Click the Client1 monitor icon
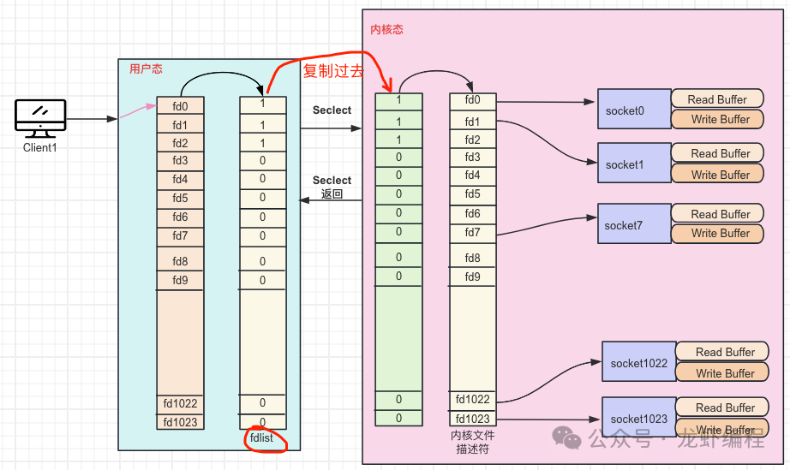coord(40,117)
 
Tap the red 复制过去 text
coord(333,71)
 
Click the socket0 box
coord(633,110)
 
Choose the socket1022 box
coord(638,362)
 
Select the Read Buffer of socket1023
coord(725,408)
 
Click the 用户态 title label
coord(146,69)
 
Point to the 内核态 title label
coord(386,30)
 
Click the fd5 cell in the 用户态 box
coord(180,198)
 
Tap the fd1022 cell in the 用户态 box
coord(180,402)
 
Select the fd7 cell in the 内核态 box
coord(473,232)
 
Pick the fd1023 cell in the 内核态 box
coord(473,418)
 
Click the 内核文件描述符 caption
coord(473,442)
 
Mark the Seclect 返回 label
coord(332,187)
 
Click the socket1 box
coord(633,164)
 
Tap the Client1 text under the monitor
coord(40,148)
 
